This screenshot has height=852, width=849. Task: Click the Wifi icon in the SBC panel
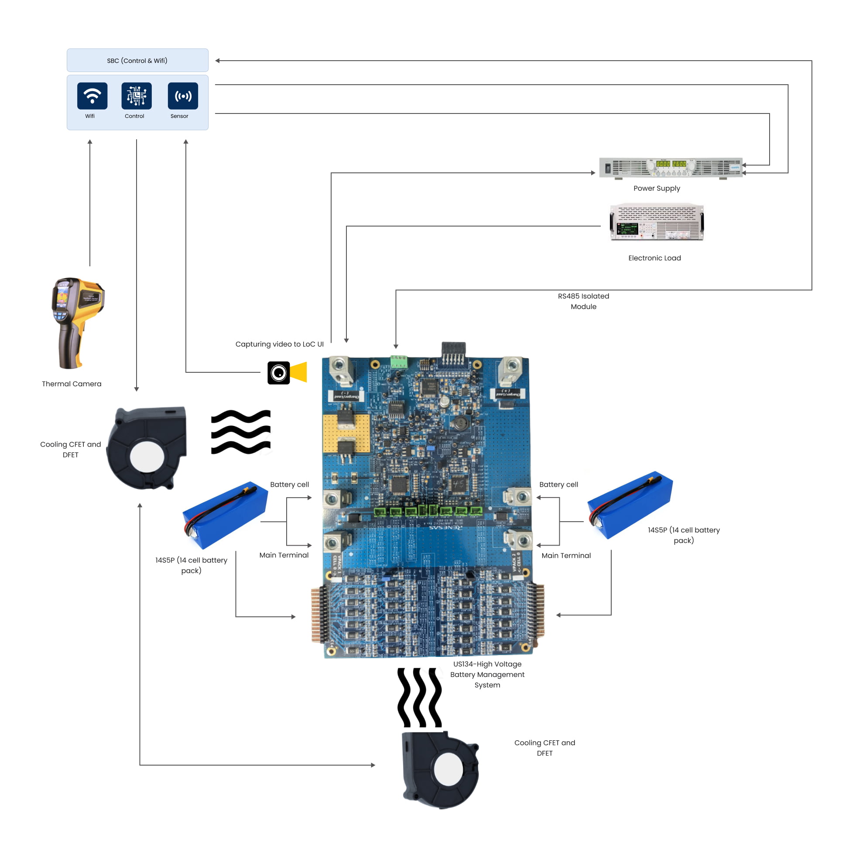(x=92, y=96)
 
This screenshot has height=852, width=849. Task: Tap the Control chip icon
(x=136, y=96)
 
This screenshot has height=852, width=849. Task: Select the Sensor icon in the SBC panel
(x=182, y=96)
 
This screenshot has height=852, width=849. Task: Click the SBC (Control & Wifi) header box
(x=137, y=60)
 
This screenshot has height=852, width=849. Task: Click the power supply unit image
(x=670, y=168)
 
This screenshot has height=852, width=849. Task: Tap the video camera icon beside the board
(x=286, y=373)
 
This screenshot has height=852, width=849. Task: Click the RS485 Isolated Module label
(x=583, y=301)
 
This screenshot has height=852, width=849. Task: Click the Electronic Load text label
(x=654, y=258)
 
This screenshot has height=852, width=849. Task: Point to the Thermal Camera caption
(x=72, y=384)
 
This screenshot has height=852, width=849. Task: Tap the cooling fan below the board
(x=441, y=769)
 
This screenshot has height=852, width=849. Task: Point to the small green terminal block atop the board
(x=398, y=361)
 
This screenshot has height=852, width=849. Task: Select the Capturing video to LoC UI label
(x=279, y=344)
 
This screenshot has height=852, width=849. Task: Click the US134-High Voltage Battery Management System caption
(x=487, y=674)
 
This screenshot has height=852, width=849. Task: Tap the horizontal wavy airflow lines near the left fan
(x=241, y=432)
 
